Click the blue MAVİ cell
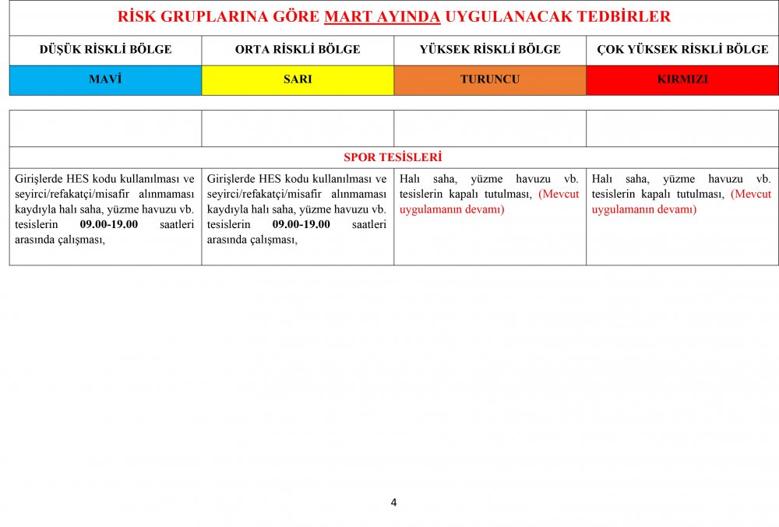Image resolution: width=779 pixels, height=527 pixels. point(105,79)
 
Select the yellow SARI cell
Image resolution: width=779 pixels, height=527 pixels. point(298,79)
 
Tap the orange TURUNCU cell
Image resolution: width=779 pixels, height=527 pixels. point(490,79)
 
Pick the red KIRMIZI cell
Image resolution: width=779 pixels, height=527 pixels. point(682,79)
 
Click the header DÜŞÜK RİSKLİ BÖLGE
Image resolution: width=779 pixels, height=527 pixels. point(105,50)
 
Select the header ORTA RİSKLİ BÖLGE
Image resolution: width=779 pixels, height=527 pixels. point(298,50)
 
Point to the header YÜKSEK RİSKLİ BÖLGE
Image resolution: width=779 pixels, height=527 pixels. point(490,50)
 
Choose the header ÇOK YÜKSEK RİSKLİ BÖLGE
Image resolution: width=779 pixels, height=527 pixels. point(682,50)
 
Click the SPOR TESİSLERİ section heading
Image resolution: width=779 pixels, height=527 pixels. point(393,157)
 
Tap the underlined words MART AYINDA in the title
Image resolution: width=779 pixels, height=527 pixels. point(382,16)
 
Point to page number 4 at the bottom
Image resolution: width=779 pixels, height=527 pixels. point(393,503)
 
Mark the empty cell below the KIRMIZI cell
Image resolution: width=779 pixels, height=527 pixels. point(682,128)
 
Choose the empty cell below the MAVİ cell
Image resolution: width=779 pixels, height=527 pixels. point(105,128)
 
